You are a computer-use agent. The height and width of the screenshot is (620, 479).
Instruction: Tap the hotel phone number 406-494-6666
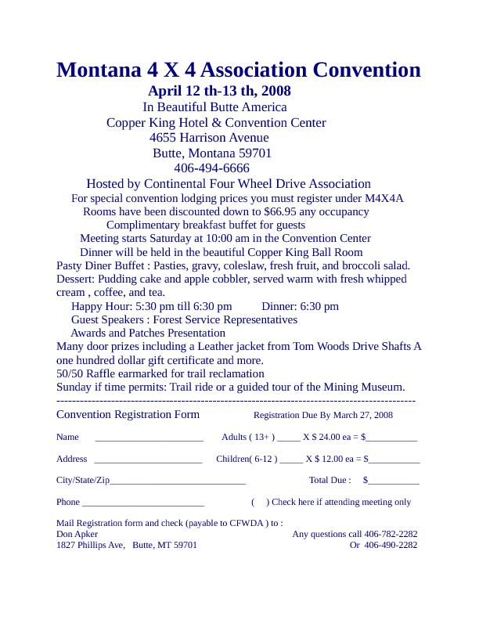click(211, 168)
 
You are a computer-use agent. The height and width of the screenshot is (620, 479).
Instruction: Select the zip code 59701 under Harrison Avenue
click(251, 153)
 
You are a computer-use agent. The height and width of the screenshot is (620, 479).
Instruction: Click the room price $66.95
click(283, 212)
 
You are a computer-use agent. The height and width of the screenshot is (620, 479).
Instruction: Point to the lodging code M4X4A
click(384, 199)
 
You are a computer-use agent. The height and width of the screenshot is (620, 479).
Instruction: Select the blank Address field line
click(148, 460)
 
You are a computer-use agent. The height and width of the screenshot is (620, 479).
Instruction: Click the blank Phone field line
click(143, 503)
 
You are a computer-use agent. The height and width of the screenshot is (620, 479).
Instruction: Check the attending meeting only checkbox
click(260, 503)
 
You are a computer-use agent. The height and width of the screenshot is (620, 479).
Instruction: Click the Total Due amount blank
click(394, 481)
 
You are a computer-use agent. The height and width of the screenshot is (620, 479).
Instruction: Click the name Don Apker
click(77, 534)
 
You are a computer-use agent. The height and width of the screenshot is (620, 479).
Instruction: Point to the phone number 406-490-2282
click(391, 545)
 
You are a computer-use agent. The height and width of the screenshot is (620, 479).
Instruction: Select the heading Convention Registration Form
click(128, 415)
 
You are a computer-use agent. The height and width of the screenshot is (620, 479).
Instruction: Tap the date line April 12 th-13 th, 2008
click(219, 92)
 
